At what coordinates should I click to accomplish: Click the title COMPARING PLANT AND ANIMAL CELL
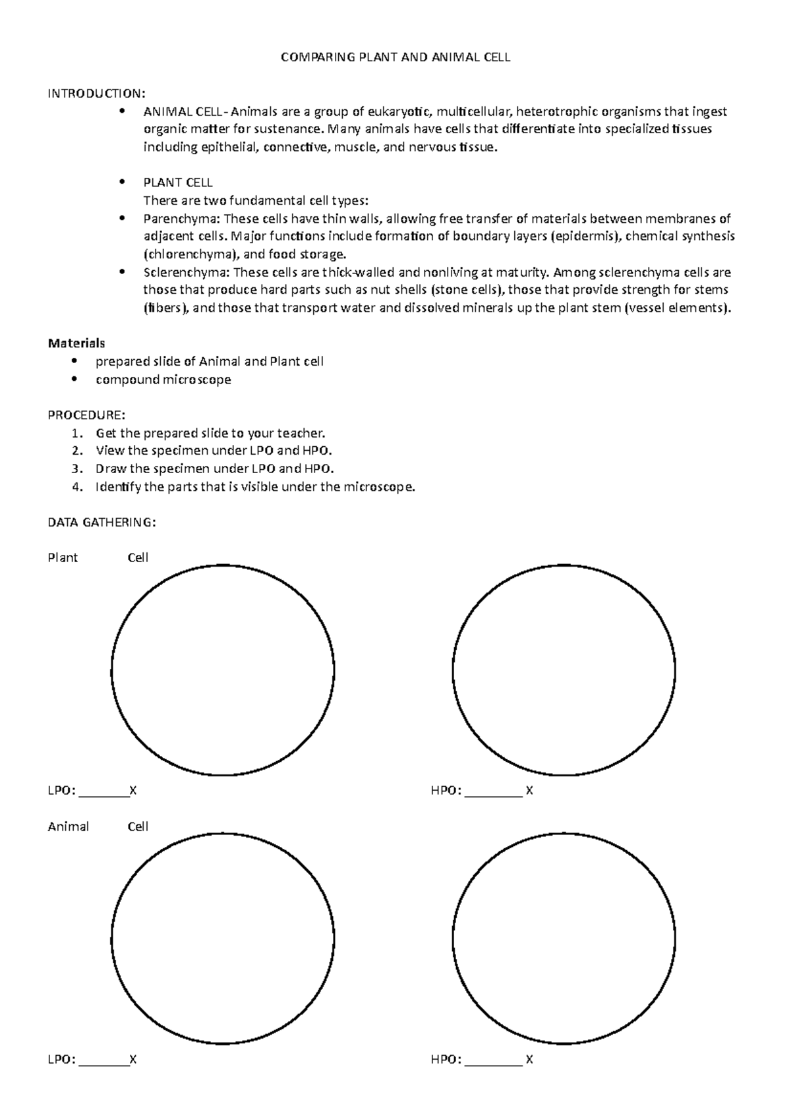[x=395, y=57]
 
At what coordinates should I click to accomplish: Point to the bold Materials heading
[x=76, y=343]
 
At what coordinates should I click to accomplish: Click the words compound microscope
[x=163, y=380]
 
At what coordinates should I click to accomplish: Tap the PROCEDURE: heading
[x=86, y=415]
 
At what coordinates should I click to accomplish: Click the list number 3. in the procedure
[x=78, y=469]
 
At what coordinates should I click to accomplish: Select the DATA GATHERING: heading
[x=102, y=523]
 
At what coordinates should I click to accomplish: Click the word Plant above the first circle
[x=63, y=558]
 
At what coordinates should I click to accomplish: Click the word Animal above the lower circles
[x=68, y=826]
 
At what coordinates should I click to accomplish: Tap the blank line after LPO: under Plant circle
[x=104, y=792]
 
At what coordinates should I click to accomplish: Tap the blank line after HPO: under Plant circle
[x=494, y=792]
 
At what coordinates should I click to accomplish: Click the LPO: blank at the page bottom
[x=104, y=1061]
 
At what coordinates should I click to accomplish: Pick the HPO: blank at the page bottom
[x=494, y=1061]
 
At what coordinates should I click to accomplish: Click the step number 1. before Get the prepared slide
[x=78, y=434]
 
